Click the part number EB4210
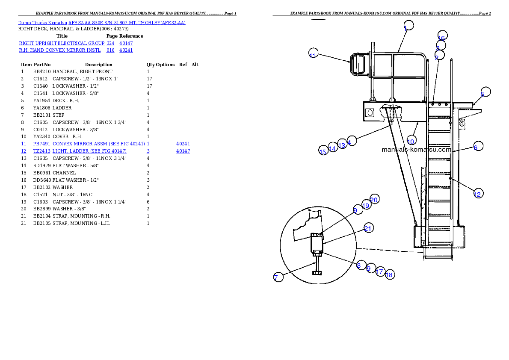(42, 71)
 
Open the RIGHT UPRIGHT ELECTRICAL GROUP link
(62, 43)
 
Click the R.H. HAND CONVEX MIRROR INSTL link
(60, 50)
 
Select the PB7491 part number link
(41, 144)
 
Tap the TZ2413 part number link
(41, 151)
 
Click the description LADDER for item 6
(62, 108)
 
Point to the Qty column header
(151, 65)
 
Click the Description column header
(99, 65)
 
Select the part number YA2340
(41, 137)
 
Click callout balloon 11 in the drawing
(313, 53)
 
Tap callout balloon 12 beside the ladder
(478, 194)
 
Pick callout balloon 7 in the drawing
(278, 277)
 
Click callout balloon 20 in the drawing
(374, 199)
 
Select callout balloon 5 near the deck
(485, 92)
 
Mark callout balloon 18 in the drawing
(390, 274)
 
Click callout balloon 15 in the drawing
(323, 150)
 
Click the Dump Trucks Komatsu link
(42, 23)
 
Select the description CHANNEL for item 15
(64, 173)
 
